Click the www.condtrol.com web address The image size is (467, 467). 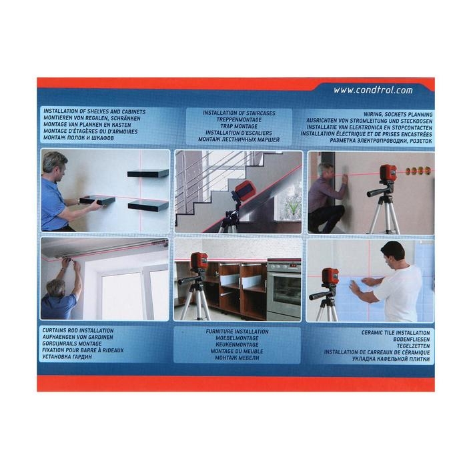(373, 90)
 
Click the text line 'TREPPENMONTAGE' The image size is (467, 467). (239, 119)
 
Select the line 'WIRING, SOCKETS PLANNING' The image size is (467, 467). (398, 114)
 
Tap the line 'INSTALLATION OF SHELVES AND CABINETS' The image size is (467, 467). (95, 111)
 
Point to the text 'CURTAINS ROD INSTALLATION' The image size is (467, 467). (78, 331)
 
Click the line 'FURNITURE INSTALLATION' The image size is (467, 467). (237, 332)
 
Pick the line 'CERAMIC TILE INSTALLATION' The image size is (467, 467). (396, 333)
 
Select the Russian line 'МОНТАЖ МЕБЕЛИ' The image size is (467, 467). (237, 358)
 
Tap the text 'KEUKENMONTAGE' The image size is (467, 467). (237, 345)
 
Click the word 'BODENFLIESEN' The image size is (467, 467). (412, 339)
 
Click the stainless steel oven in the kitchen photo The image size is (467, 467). (284, 289)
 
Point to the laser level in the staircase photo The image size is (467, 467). (243, 191)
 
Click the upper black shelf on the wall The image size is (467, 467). (148, 173)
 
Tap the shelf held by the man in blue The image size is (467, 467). (97, 200)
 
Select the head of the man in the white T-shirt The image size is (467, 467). (392, 254)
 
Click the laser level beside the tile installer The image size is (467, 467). (330, 276)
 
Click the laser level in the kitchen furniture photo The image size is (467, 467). (199, 261)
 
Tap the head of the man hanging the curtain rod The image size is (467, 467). (56, 288)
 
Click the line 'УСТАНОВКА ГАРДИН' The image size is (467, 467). (67, 357)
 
